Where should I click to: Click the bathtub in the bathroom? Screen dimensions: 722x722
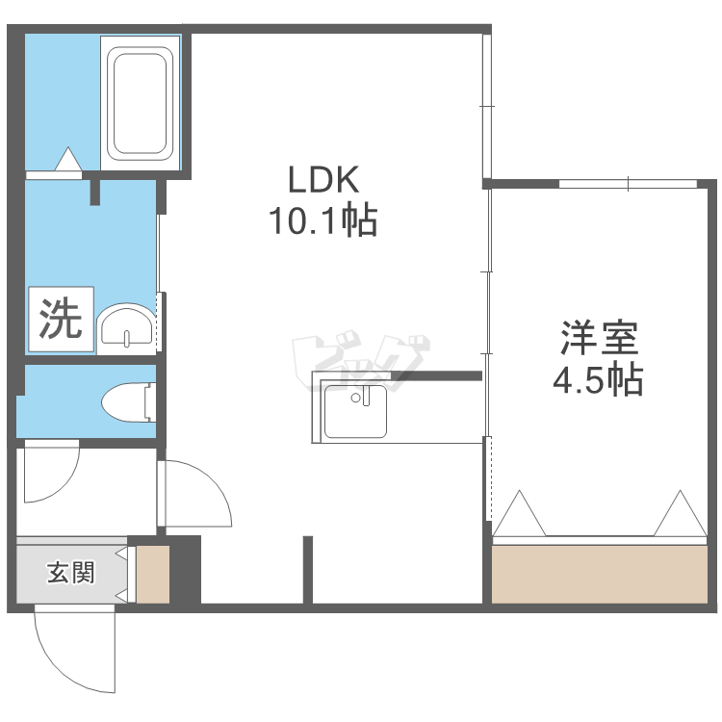(x=140, y=104)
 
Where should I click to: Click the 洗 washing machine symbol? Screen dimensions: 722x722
(x=62, y=319)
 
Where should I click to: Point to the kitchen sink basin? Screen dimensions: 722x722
(x=355, y=411)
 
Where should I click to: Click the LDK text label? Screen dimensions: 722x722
(x=323, y=180)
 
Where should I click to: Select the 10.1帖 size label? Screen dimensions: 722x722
(x=323, y=220)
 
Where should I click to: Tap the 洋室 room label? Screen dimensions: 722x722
(x=599, y=338)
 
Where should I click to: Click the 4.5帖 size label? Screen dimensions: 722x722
(x=598, y=380)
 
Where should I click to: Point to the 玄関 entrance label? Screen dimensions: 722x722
(x=71, y=573)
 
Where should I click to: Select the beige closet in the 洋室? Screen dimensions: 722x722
(x=600, y=574)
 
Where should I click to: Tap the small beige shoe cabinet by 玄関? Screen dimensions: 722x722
(x=153, y=574)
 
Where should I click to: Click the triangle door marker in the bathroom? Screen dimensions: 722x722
(x=68, y=159)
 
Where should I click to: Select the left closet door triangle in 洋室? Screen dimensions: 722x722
(x=520, y=513)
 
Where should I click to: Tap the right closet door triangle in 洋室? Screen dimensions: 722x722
(x=680, y=513)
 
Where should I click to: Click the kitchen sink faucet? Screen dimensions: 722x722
(x=366, y=396)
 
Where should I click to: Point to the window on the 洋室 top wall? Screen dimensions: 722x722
(x=628, y=184)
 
